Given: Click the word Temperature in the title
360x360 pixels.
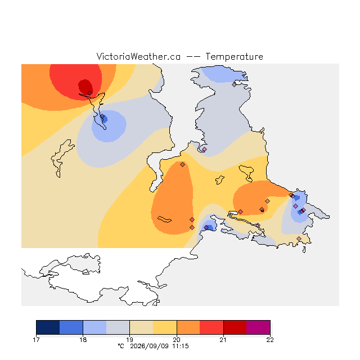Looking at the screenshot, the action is click(x=234, y=56).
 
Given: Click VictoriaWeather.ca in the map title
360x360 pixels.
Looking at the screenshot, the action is click(x=138, y=56).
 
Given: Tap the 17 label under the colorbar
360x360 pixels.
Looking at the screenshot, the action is click(x=36, y=340).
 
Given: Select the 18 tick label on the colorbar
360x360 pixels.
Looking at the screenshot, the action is click(x=83, y=340).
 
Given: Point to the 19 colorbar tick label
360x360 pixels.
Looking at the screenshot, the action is click(x=130, y=340).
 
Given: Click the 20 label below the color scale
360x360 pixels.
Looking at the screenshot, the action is click(x=177, y=340).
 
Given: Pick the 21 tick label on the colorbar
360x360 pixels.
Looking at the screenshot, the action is click(x=223, y=340).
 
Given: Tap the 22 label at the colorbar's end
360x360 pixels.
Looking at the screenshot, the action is click(x=270, y=340).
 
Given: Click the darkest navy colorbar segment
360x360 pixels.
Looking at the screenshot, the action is click(x=48, y=327).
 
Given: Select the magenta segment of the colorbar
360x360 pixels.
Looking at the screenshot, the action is click(x=258, y=327).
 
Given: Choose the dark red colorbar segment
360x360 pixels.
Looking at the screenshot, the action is click(x=235, y=327).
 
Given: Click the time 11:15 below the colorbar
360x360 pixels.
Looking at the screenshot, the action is click(x=181, y=346).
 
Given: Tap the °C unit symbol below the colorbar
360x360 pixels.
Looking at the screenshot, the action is click(x=121, y=346).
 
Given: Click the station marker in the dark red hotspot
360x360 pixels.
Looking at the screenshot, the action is click(x=90, y=93).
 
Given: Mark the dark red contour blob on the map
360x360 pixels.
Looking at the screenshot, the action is click(x=85, y=87).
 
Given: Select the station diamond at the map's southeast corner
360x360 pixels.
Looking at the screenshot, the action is click(x=299, y=238).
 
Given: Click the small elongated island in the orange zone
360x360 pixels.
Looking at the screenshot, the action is click(x=164, y=219).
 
